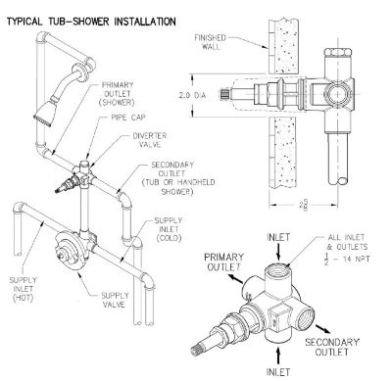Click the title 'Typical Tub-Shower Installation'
click(x=92, y=20)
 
